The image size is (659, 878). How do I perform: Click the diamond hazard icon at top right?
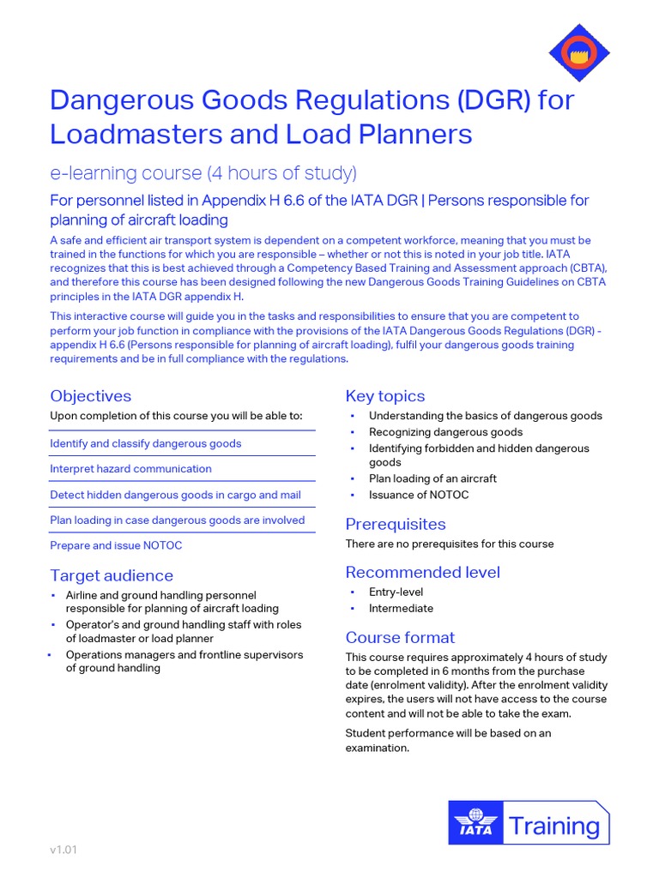pos(579,52)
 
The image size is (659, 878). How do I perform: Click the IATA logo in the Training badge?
pos(475,824)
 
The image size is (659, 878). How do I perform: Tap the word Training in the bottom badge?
pos(554,826)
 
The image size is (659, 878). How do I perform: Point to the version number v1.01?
pos(63,851)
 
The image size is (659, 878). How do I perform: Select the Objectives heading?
pos(91,396)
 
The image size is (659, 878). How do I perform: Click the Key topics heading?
pos(385,396)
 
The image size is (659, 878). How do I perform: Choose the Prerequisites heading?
pos(396,524)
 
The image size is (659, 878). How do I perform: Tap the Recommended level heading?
pos(423,572)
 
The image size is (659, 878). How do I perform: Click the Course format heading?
pos(400,637)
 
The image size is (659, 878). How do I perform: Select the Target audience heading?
pos(112,575)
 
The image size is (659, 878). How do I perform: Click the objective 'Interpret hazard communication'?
pos(130,469)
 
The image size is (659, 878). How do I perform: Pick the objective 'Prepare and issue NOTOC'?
pos(116,545)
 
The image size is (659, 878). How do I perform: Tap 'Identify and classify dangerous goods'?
pos(146,443)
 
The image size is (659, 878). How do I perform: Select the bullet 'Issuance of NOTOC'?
pos(419,495)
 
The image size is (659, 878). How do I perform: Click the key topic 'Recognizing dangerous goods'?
pos(445,432)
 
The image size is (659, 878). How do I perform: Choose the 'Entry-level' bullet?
pos(396,592)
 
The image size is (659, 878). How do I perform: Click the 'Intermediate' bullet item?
pos(401,608)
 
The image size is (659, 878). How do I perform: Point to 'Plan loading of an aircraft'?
pos(432,478)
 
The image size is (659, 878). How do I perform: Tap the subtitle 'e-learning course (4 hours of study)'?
pos(203,173)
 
